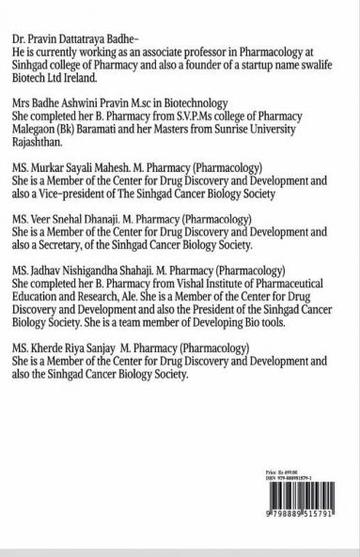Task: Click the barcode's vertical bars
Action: (x=302, y=518)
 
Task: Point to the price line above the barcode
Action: (x=282, y=492)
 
